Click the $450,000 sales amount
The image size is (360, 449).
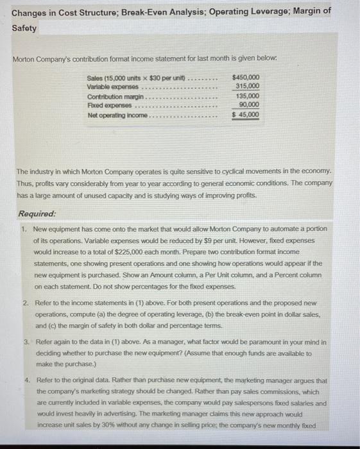click(x=246, y=78)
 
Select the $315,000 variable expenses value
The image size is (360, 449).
click(x=248, y=87)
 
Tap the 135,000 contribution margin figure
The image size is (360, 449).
click(x=248, y=96)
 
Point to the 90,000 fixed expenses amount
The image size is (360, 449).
click(x=249, y=105)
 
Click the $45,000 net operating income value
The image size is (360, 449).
click(x=246, y=115)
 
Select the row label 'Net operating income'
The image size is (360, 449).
click(x=117, y=115)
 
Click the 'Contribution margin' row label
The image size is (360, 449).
click(x=115, y=96)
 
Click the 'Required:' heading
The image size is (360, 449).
click(x=37, y=214)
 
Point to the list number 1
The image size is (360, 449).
click(x=23, y=229)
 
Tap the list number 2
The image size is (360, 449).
click(x=23, y=303)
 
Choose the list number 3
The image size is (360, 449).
click(x=23, y=342)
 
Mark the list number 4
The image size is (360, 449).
click(x=23, y=380)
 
